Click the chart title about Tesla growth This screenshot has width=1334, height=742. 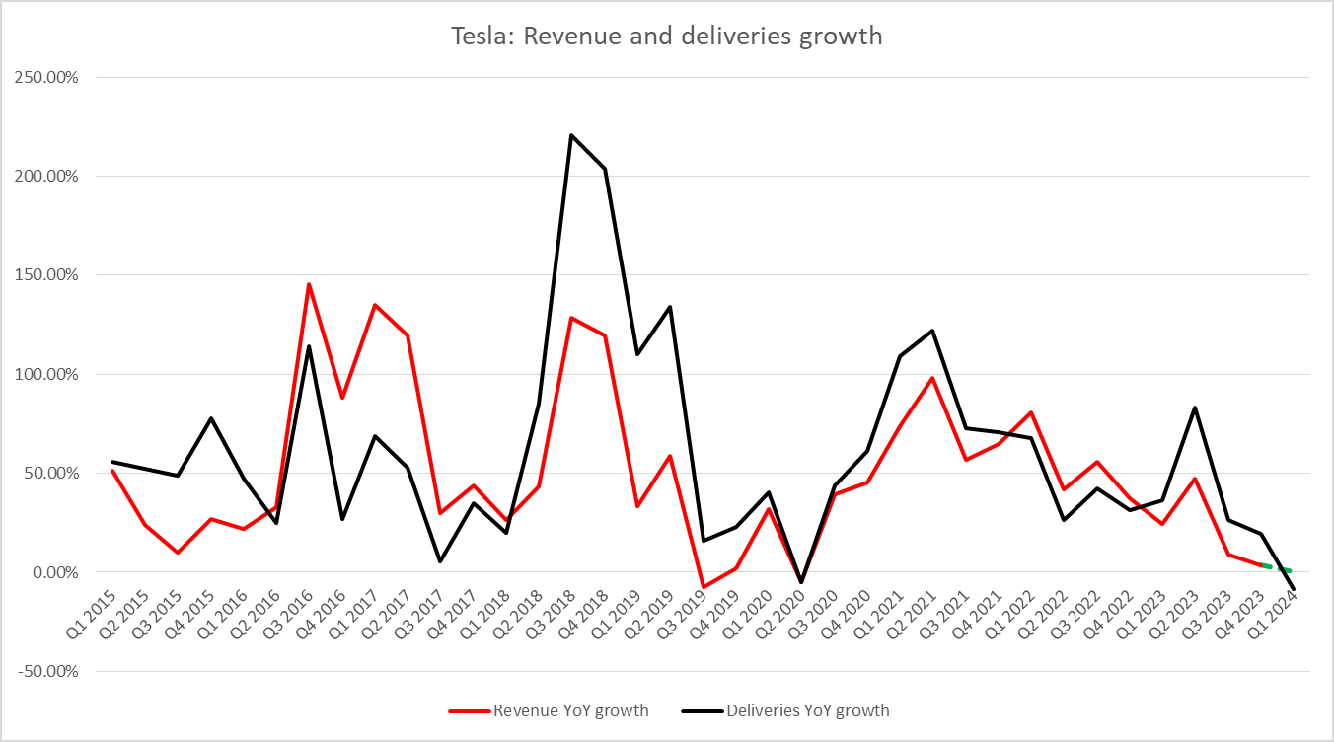tap(666, 37)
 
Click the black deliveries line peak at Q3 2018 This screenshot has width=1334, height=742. tap(571, 135)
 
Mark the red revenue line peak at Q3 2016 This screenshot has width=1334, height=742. tap(309, 284)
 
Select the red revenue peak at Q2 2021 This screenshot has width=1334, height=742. tap(932, 378)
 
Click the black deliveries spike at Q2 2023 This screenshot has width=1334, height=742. tap(1195, 408)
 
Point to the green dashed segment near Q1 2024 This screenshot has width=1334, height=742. tap(1277, 568)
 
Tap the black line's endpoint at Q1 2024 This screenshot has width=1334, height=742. tap(1294, 589)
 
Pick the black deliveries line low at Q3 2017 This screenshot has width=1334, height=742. tap(440, 561)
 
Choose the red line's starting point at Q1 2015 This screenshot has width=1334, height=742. tap(112, 471)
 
